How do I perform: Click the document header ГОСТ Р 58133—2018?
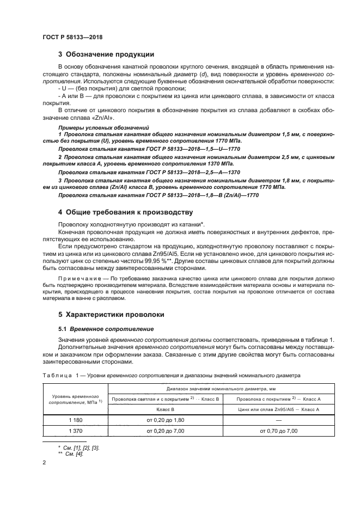72,36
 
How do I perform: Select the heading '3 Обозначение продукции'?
106,54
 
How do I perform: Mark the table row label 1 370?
75,431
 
